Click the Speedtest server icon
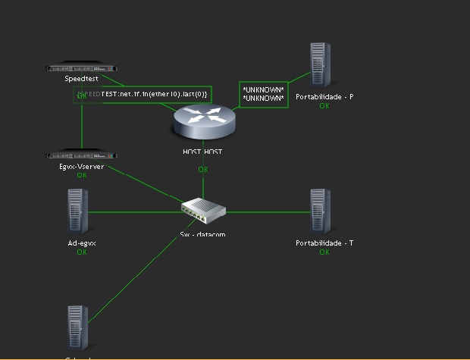point(83,67)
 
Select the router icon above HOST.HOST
point(204,121)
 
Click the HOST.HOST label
point(203,152)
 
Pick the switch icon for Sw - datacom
point(203,209)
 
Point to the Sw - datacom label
point(203,234)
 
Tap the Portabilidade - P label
point(324,97)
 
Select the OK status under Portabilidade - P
point(324,106)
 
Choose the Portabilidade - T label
point(324,243)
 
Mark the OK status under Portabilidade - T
point(324,252)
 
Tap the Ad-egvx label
point(82,243)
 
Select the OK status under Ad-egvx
point(82,252)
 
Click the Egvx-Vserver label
point(82,166)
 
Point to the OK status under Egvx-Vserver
point(82,175)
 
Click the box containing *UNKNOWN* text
point(263,94)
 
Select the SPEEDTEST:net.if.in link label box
point(142,94)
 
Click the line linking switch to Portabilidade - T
point(265,211)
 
